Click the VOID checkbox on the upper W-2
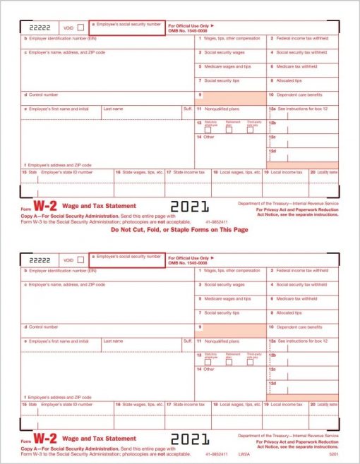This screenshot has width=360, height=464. tap(80, 28)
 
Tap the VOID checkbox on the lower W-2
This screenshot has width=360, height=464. tap(80, 260)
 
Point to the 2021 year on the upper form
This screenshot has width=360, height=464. tap(189, 207)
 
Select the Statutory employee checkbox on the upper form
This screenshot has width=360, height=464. tap(208, 130)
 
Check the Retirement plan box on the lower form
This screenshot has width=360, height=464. tap(229, 362)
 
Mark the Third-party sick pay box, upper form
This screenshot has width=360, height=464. tap(250, 130)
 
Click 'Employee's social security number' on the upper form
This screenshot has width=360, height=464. tap(128, 23)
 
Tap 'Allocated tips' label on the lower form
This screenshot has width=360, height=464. tap(289, 312)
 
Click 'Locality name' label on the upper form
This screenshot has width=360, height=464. tap(327, 171)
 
